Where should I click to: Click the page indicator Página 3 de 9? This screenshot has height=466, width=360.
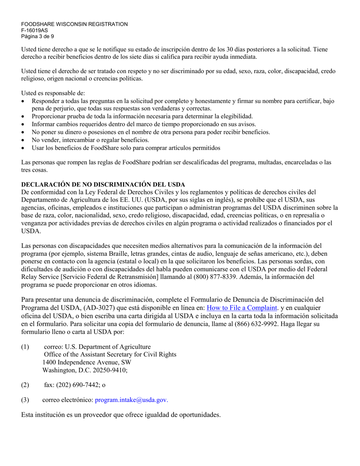pos(37,37)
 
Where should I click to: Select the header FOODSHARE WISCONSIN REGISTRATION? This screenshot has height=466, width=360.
pos(74,24)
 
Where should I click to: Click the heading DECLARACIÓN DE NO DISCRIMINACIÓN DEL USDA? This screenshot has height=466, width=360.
pos(103,185)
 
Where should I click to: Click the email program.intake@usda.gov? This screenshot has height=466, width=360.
pos(131,400)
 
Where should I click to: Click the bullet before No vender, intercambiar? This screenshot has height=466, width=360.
pos(24,140)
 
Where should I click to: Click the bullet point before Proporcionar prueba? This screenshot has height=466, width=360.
pos(24,116)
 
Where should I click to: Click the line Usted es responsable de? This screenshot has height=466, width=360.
pos(53,93)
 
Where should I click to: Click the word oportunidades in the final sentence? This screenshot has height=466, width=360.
pos(199,415)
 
